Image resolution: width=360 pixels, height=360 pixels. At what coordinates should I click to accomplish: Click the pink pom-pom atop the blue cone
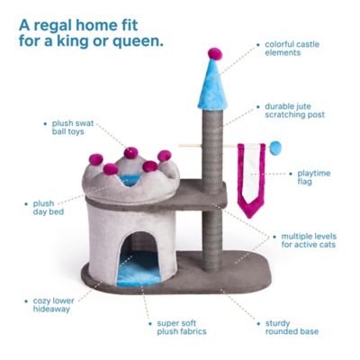point(214,53)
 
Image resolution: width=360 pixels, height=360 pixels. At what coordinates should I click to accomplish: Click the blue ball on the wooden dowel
point(275,146)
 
